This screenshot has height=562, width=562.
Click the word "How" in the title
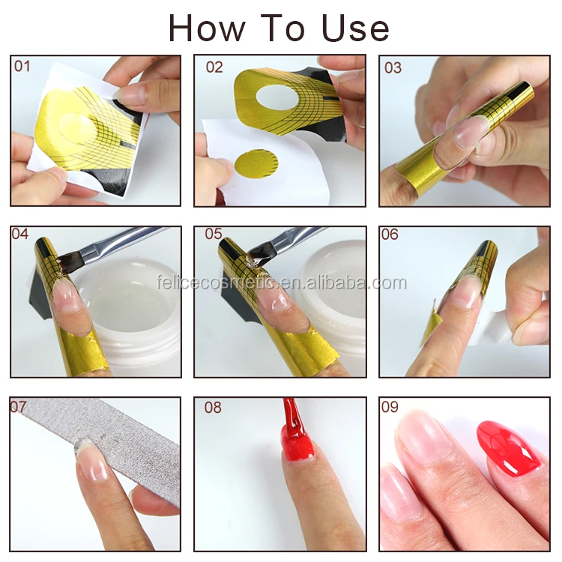pyautogui.click(x=207, y=28)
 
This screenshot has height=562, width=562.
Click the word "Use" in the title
pyautogui.click(x=355, y=28)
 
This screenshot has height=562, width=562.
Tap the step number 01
pyautogui.click(x=22, y=67)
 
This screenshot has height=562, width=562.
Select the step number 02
pyautogui.click(x=214, y=67)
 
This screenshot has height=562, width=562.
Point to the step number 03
pyautogui.click(x=393, y=67)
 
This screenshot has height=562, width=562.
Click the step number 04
pyautogui.click(x=20, y=234)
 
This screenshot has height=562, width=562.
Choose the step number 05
pyautogui.click(x=214, y=234)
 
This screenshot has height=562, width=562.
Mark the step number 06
pyautogui.click(x=390, y=235)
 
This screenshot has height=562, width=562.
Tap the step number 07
pyautogui.click(x=18, y=407)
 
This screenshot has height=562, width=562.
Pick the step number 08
pyautogui.click(x=213, y=408)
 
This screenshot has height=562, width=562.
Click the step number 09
pyautogui.click(x=390, y=407)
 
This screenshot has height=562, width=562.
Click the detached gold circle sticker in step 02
pyautogui.click(x=256, y=164)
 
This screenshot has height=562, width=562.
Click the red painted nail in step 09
pyautogui.click(x=508, y=447)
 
